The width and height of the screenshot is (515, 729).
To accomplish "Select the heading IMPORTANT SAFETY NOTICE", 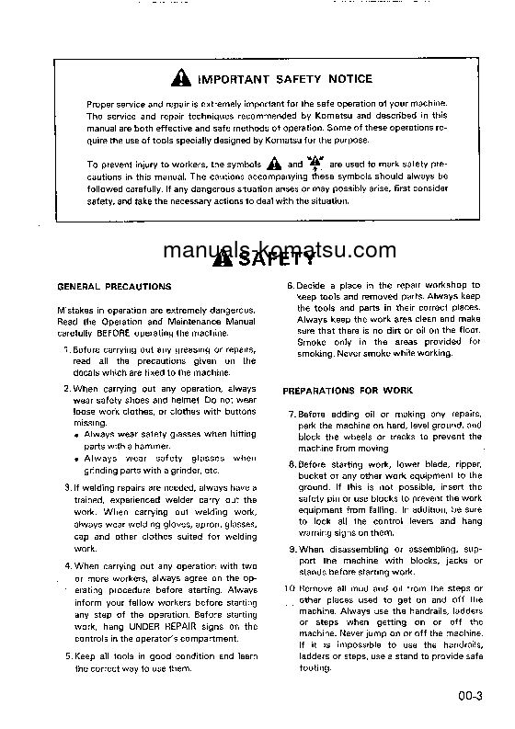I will (273, 79).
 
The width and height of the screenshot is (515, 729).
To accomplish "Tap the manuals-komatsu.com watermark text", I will (257, 250).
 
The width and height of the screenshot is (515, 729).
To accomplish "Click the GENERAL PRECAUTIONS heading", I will (114, 287).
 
